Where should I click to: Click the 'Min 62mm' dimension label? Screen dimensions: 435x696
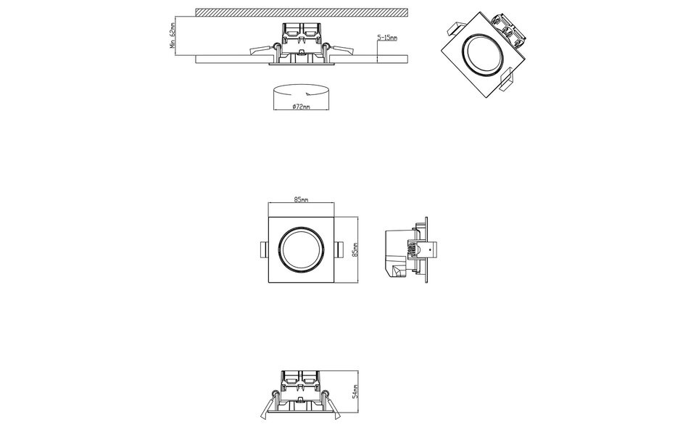(172, 33)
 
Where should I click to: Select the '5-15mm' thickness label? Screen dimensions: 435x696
(387, 37)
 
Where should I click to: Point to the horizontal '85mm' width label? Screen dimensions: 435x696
(301, 199)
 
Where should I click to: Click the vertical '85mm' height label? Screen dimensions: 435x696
(355, 249)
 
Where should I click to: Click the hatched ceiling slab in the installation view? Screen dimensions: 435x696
(301, 12)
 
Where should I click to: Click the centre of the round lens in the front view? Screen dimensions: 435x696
(301, 249)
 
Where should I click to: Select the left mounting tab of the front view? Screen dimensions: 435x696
(264, 249)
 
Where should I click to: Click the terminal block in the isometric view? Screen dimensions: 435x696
(507, 25)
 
